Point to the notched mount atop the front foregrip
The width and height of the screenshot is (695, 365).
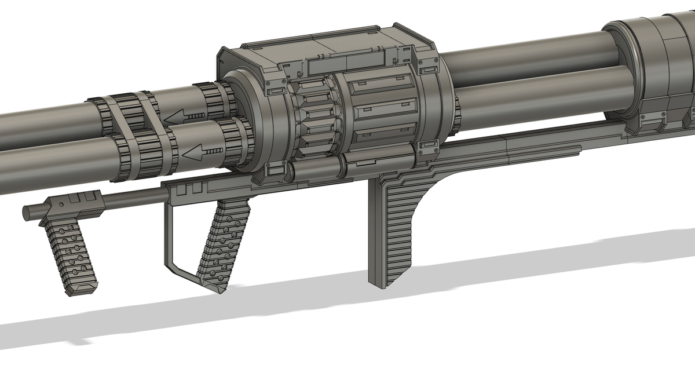point(72,202)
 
